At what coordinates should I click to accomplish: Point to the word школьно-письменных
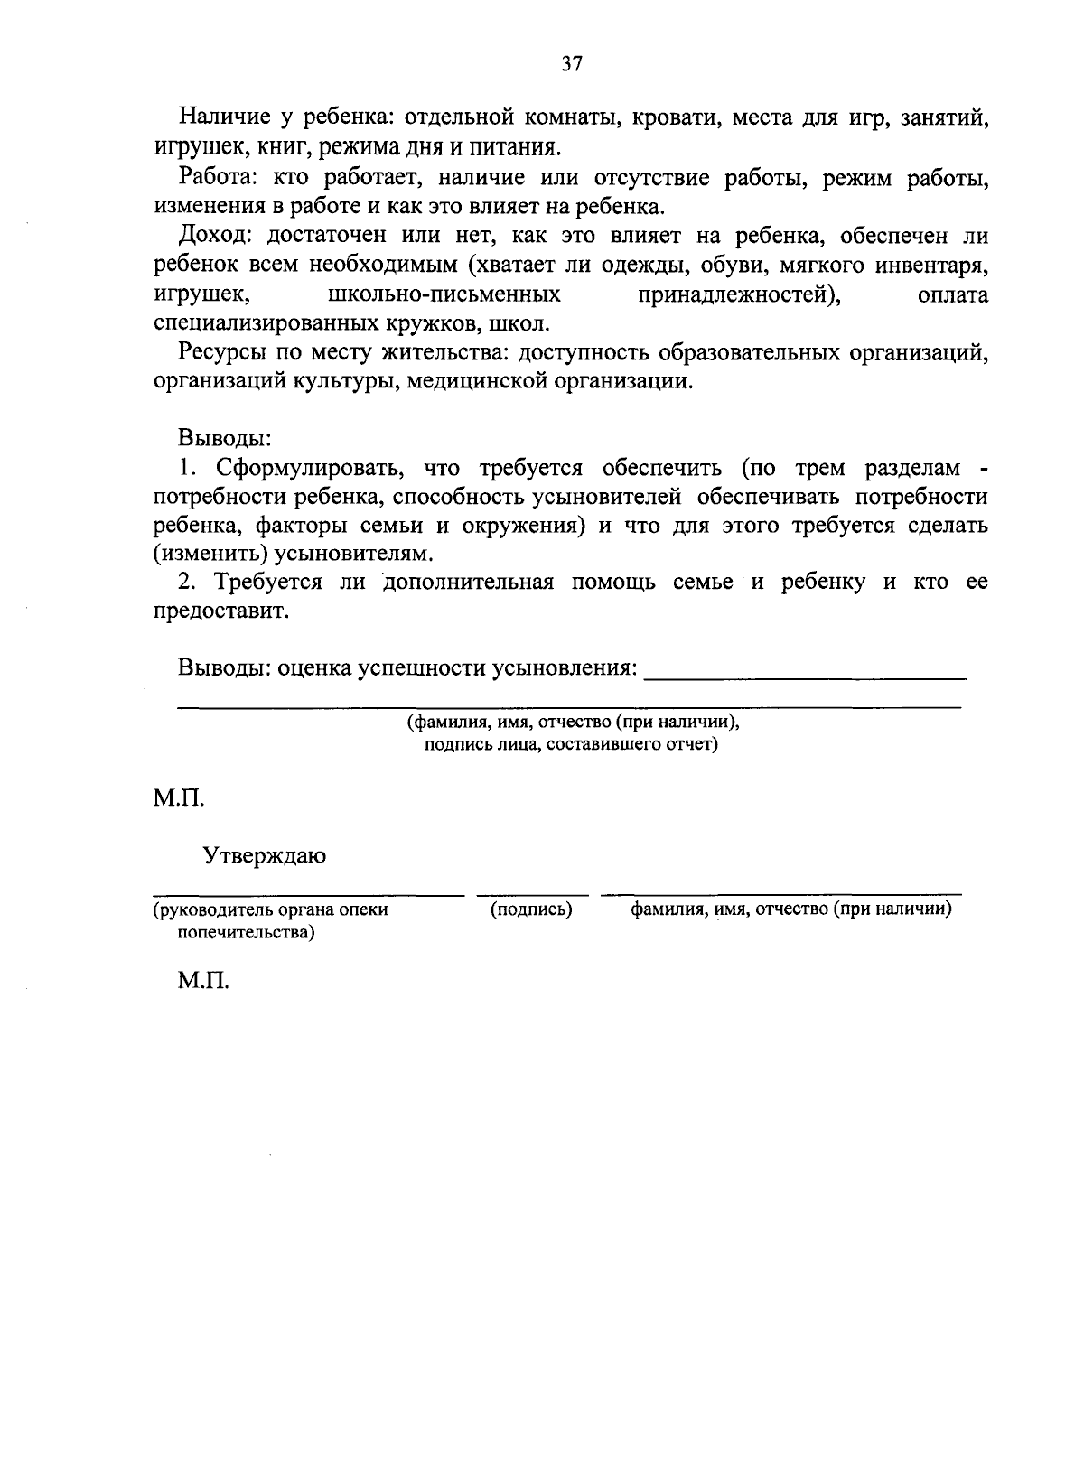tap(441, 295)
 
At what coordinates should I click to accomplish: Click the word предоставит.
tap(222, 611)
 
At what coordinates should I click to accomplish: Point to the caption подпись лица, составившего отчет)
tap(571, 745)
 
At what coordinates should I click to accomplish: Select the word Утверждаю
tap(264, 855)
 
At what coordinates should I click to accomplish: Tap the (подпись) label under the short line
tap(531, 909)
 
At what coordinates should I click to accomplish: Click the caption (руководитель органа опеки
tap(270, 909)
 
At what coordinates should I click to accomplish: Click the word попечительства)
tap(247, 932)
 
